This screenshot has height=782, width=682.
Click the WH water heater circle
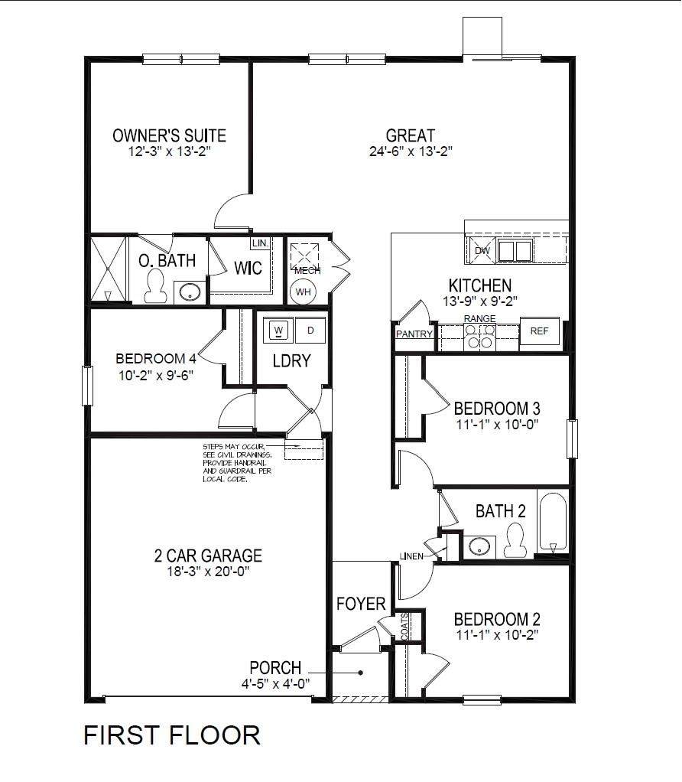(x=303, y=292)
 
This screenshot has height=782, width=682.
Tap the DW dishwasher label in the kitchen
(x=482, y=251)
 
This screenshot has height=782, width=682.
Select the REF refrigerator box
(x=540, y=331)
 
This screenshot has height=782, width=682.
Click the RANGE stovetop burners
(x=479, y=337)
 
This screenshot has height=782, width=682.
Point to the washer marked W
(x=278, y=330)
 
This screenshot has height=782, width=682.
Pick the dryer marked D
(x=310, y=330)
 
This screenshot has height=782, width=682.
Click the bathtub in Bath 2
(x=553, y=522)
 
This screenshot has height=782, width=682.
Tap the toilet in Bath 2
(x=515, y=540)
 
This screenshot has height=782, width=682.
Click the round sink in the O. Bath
(x=190, y=292)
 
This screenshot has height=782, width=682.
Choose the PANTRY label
(x=414, y=334)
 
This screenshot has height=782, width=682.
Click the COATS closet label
(x=404, y=627)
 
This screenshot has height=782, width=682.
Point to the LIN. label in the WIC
(x=260, y=243)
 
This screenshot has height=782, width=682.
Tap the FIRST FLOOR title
(x=172, y=735)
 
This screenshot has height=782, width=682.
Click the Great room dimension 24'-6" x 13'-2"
(x=411, y=151)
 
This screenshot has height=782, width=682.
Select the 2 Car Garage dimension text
(x=208, y=571)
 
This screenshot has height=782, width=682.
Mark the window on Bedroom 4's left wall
(x=88, y=386)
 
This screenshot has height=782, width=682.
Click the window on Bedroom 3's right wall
(x=573, y=439)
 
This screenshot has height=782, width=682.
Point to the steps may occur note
(x=237, y=463)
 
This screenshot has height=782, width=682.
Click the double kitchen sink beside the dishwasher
(x=515, y=250)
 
